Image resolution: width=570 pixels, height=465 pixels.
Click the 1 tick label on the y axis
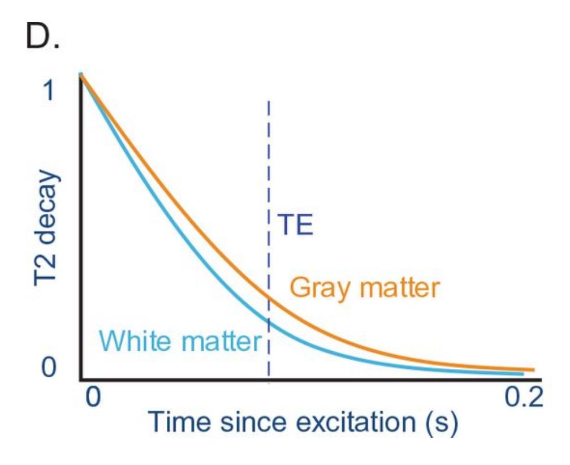point(50,91)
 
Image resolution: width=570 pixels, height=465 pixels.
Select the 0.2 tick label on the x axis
point(522,398)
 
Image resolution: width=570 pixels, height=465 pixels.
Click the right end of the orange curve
point(533,369)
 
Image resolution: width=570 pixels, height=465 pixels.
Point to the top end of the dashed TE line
point(269,102)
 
